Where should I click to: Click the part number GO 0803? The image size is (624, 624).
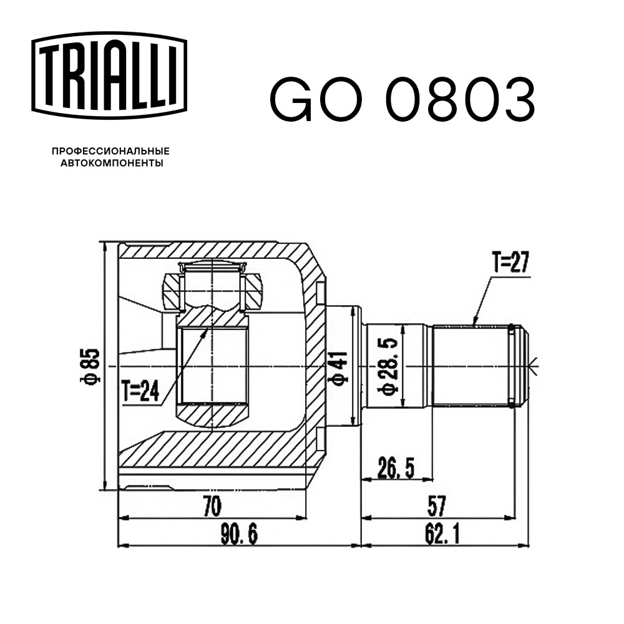coord(402,100)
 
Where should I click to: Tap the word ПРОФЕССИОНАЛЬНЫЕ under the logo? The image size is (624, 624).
coord(110,152)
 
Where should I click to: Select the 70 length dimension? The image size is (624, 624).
coord(212,505)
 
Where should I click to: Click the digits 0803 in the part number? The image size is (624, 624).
coord(461,100)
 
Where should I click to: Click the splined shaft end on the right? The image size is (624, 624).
coord(477,366)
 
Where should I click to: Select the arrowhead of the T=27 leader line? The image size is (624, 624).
coord(475,323)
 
